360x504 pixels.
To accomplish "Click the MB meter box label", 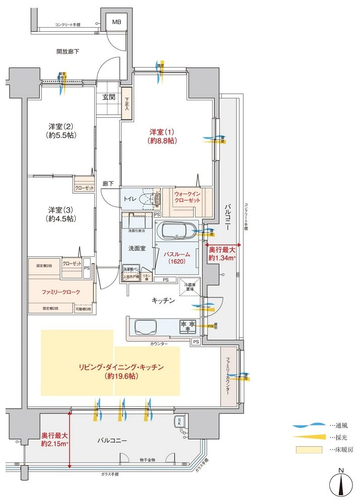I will (116, 22).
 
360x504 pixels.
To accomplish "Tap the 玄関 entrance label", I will (109, 98).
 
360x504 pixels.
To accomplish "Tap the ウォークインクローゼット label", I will (188, 197).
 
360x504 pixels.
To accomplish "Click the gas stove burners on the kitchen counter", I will (188, 326).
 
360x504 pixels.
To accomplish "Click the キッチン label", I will (164, 300).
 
